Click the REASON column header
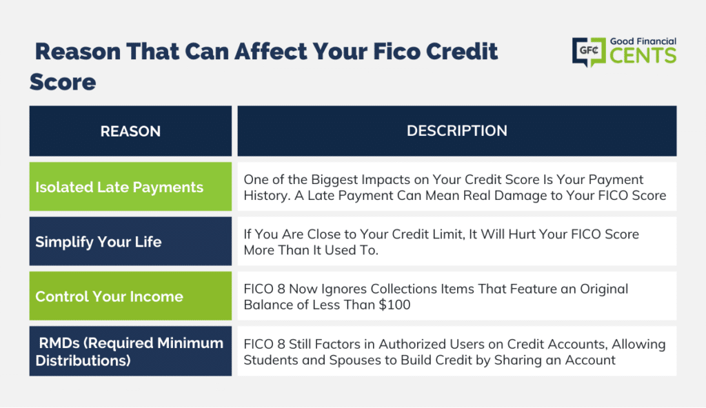tap(130, 131)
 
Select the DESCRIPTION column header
tap(457, 131)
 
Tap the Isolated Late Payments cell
tap(130, 187)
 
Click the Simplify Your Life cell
tap(130, 241)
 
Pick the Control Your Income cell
tap(130, 296)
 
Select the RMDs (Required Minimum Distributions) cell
tap(130, 351)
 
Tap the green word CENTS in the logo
tap(643, 56)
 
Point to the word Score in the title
tap(63, 82)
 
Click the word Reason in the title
tap(78, 51)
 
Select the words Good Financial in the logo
tap(643, 41)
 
